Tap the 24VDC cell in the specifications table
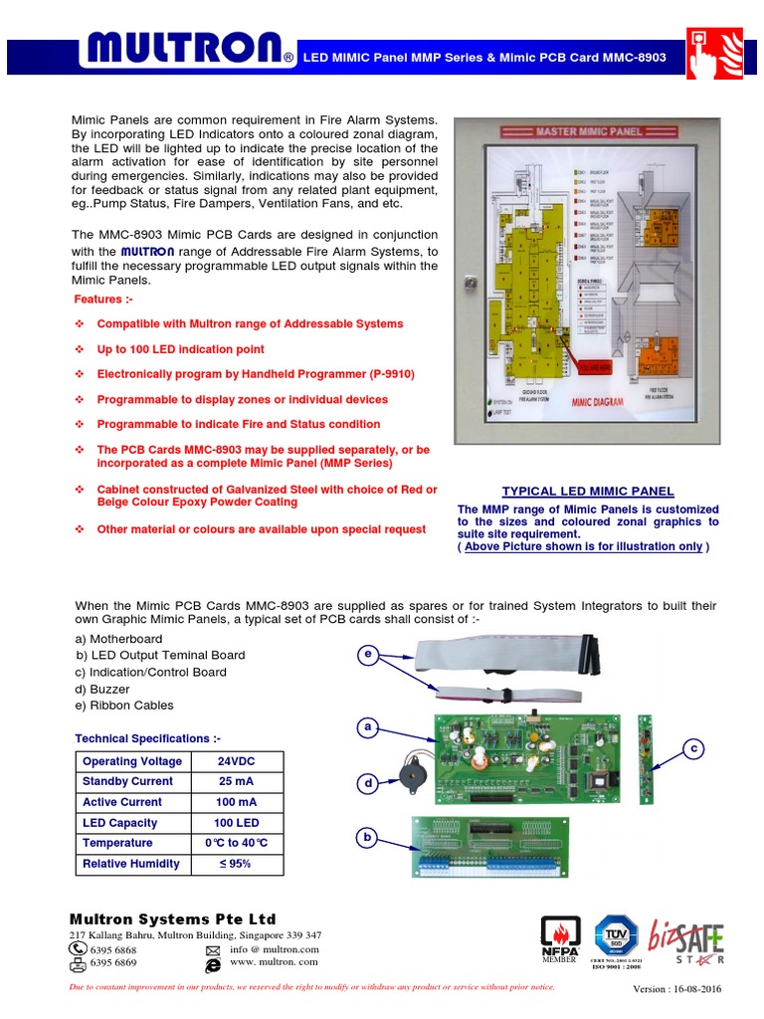pyautogui.click(x=236, y=761)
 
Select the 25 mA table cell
pyautogui.click(x=236, y=781)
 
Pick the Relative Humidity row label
pyautogui.click(x=131, y=864)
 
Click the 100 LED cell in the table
pyautogui.click(x=236, y=823)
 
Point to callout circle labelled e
pyautogui.click(x=368, y=654)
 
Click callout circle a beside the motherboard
pyautogui.click(x=368, y=728)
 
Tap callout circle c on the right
pyautogui.click(x=695, y=747)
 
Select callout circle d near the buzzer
pyautogui.click(x=368, y=784)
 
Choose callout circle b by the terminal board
pyautogui.click(x=368, y=838)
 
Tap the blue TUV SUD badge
pyautogui.click(x=616, y=936)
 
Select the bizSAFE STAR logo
pyautogui.click(x=686, y=939)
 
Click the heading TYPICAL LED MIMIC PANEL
pyautogui.click(x=588, y=492)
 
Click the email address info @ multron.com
pyautogui.click(x=275, y=949)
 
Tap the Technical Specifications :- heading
pyautogui.click(x=148, y=738)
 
